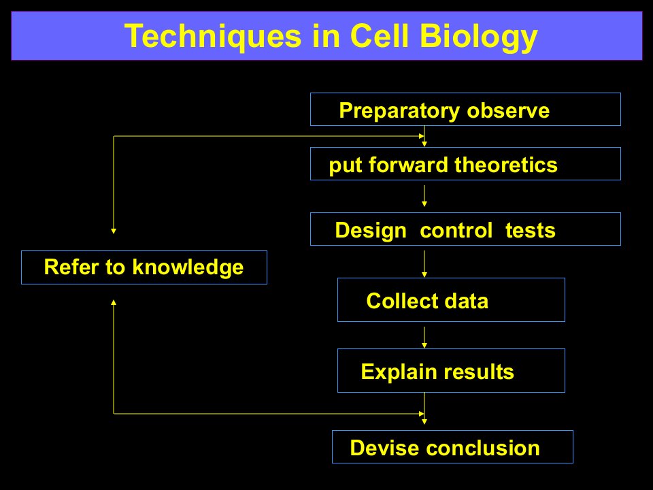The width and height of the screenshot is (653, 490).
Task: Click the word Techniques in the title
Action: pyautogui.click(x=213, y=37)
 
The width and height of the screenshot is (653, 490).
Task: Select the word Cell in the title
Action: pyautogui.click(x=380, y=36)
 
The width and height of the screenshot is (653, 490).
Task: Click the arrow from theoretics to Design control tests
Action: pyautogui.click(x=424, y=196)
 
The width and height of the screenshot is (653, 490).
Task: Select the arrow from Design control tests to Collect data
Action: pyautogui.click(x=424, y=264)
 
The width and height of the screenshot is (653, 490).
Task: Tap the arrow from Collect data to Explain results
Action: pyautogui.click(x=424, y=337)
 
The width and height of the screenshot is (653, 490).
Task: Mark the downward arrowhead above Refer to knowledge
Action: pyautogui.click(x=114, y=231)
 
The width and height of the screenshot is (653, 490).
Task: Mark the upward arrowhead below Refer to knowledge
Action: pyautogui.click(x=114, y=302)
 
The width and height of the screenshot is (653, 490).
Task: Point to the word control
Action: pyautogui.click(x=456, y=231)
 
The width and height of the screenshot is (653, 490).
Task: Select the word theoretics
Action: pyautogui.click(x=506, y=165)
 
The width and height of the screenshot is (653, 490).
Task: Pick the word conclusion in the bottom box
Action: pyautogui.click(x=483, y=448)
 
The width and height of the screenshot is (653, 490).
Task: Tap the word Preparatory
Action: pyautogui.click(x=399, y=111)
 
